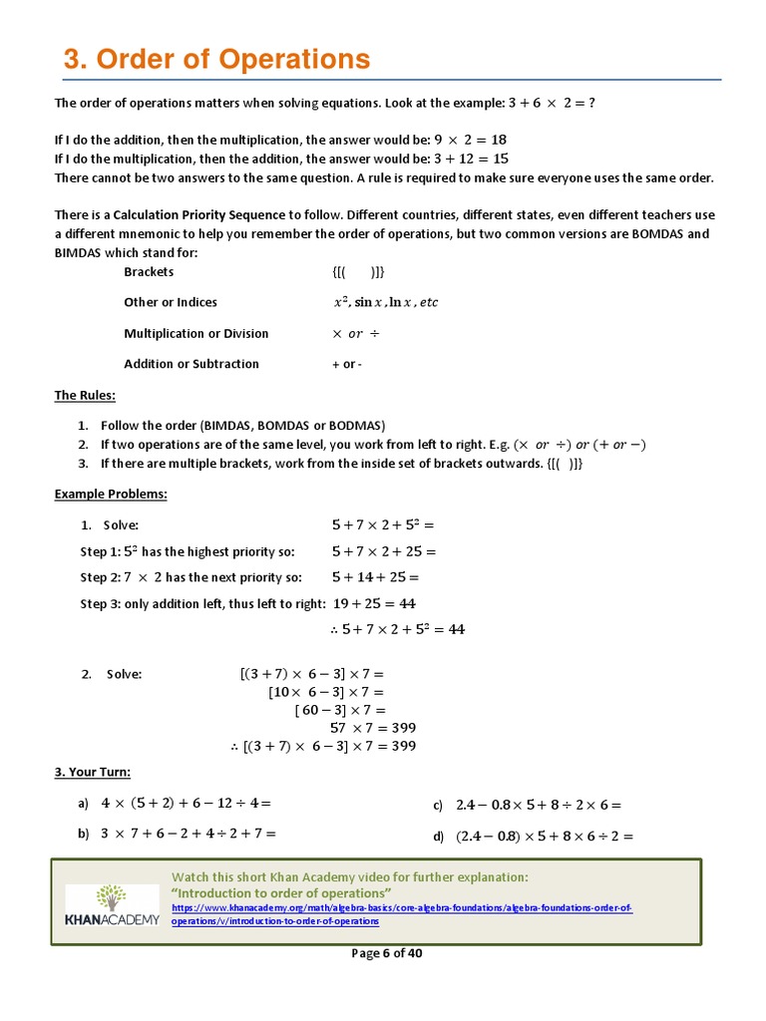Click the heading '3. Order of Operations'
[216, 60]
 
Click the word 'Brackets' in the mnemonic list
[149, 271]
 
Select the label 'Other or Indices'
[170, 302]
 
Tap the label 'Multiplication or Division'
[195, 333]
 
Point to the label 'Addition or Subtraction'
[191, 364]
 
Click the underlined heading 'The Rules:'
[85, 395]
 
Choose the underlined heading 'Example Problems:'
[111, 494]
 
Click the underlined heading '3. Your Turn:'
[92, 772]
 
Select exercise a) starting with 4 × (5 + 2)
[185, 803]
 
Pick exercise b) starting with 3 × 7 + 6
[188, 833]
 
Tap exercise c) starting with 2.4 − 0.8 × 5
[538, 805]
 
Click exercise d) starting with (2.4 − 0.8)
[545, 837]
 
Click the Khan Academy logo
[112, 903]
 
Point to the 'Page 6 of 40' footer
[387, 953]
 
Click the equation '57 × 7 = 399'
[372, 727]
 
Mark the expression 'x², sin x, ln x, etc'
[385, 302]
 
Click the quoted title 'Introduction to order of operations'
[281, 892]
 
